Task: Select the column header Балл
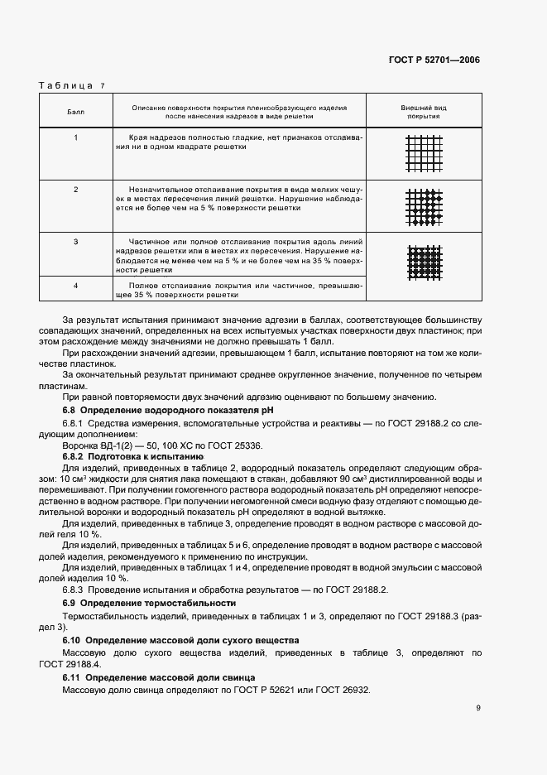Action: click(x=75, y=112)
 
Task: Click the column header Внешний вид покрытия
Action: click(x=423, y=112)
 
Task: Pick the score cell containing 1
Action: click(x=75, y=137)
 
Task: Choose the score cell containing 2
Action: click(x=75, y=190)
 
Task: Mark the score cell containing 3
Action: click(x=75, y=242)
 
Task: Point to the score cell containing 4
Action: click(x=75, y=286)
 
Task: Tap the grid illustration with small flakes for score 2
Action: click(x=424, y=208)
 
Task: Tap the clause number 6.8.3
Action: click(x=74, y=589)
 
